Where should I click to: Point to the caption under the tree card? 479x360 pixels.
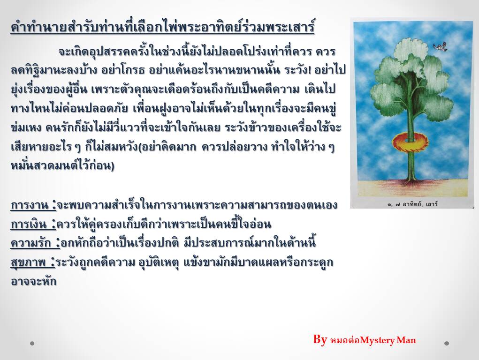(x=412, y=204)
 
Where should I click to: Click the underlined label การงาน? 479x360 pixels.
(x=33, y=205)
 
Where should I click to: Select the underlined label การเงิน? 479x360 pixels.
(x=33, y=225)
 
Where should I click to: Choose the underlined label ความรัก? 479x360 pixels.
(x=35, y=243)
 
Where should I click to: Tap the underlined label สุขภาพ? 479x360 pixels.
(x=33, y=262)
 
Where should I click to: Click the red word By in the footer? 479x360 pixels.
(x=320, y=339)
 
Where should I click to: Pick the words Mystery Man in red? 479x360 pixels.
(x=388, y=340)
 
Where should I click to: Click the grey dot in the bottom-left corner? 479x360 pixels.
(x=32, y=343)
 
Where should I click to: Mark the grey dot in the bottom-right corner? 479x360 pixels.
(x=447, y=343)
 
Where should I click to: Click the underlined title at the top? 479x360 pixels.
(x=162, y=27)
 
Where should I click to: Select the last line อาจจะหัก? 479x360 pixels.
(x=34, y=281)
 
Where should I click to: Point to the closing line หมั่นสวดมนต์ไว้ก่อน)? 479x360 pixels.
(x=62, y=166)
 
